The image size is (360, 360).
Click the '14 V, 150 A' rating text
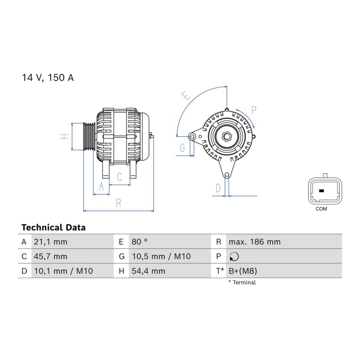pyautogui.click(x=48, y=77)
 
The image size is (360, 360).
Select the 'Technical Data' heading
pyautogui.click(x=54, y=228)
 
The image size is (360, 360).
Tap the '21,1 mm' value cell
pyautogui.click(x=50, y=242)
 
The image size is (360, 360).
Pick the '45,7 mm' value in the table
pyautogui.click(x=50, y=256)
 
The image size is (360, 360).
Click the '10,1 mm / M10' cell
pyautogui.click(x=63, y=271)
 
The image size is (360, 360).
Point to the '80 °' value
pyautogui.click(x=139, y=242)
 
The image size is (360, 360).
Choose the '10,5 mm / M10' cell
pyautogui.click(x=161, y=256)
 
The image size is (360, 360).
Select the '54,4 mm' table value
pyautogui.click(x=148, y=271)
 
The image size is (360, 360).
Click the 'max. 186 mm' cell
pyautogui.click(x=255, y=242)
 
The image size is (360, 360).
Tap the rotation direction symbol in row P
pyautogui.click(x=234, y=256)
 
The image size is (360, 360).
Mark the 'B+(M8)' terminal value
pyautogui.click(x=243, y=271)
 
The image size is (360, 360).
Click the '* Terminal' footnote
pyautogui.click(x=242, y=283)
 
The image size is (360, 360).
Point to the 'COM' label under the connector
pyautogui.click(x=321, y=209)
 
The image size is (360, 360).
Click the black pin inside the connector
pyautogui.click(x=321, y=191)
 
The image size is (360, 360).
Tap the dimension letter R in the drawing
pyautogui.click(x=118, y=203)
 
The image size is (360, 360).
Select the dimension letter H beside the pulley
pyautogui.click(x=64, y=136)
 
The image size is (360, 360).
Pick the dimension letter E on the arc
pyautogui.click(x=186, y=95)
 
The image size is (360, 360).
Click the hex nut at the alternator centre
pyautogui.click(x=227, y=137)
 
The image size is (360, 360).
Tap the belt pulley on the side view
pyautogui.click(x=89, y=137)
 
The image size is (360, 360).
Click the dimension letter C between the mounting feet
pyautogui.click(x=119, y=177)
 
